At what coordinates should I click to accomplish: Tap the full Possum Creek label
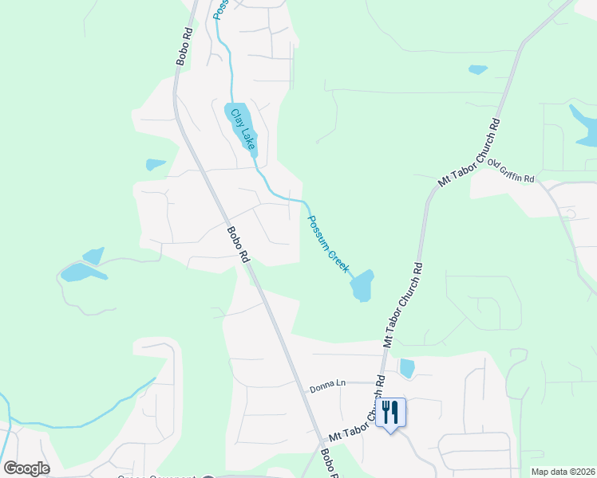328,244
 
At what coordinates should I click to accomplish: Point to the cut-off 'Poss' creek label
221,10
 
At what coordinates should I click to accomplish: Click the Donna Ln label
328,385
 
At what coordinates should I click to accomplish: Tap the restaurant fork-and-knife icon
390,412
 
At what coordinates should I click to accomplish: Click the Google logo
27,468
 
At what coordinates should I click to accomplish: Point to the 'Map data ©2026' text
563,472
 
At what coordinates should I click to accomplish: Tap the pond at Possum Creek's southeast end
362,285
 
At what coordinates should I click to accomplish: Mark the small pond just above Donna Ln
407,368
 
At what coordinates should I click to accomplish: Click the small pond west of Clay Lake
154,165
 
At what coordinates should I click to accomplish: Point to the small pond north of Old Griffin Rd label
478,69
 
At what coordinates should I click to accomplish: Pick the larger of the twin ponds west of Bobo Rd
82,272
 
